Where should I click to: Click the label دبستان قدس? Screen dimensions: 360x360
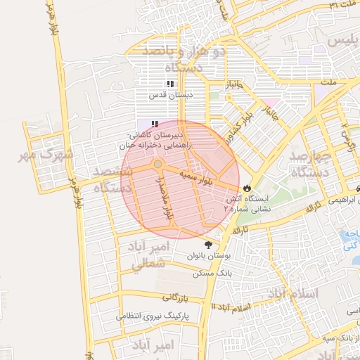pyautogui.click(x=169, y=94)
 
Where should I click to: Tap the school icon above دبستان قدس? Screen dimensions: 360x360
pyautogui.click(x=169, y=84)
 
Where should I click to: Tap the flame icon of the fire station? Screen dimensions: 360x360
pyautogui.click(x=247, y=188)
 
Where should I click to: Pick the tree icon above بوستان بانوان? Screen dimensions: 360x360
pyautogui.click(x=207, y=245)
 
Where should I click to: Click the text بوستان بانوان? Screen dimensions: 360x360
pyautogui.click(x=209, y=257)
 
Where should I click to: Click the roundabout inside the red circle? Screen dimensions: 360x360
pyautogui.click(x=158, y=165)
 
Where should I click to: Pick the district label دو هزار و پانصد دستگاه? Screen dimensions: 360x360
pyautogui.click(x=184, y=59)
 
